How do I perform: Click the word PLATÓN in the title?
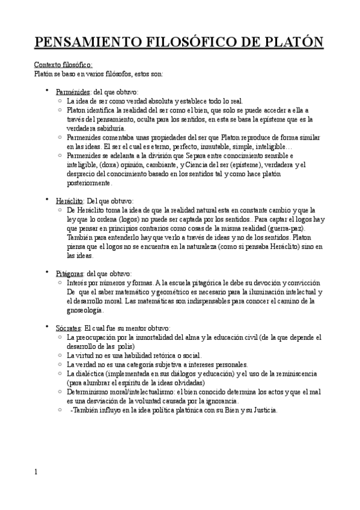coord(294,43)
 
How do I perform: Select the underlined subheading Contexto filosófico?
coord(63,65)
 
